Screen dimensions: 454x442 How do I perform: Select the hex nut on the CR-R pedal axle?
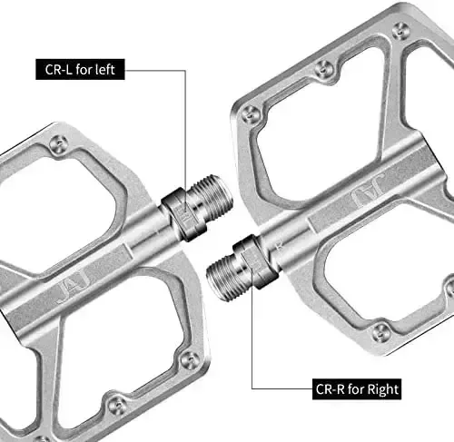coord(256,261)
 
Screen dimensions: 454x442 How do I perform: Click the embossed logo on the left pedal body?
coord(73,287)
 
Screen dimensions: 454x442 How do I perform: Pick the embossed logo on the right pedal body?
coord(368,191)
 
